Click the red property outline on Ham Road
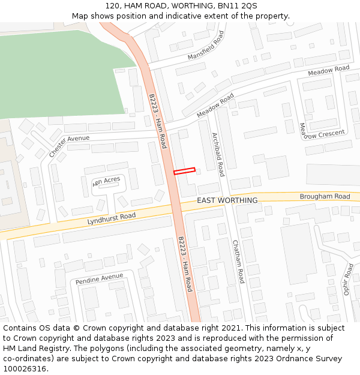tap(185, 171)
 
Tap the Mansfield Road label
tap(206, 46)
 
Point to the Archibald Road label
tap(217, 154)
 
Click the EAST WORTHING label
tap(227, 200)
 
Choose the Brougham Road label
tap(325, 197)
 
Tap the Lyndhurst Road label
tap(112, 219)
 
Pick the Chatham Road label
tap(238, 262)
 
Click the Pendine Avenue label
tap(99, 278)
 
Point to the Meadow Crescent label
tap(322, 131)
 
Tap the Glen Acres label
tap(107, 181)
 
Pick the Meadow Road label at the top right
tap(328, 70)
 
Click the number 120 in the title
tap(112, 5)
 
